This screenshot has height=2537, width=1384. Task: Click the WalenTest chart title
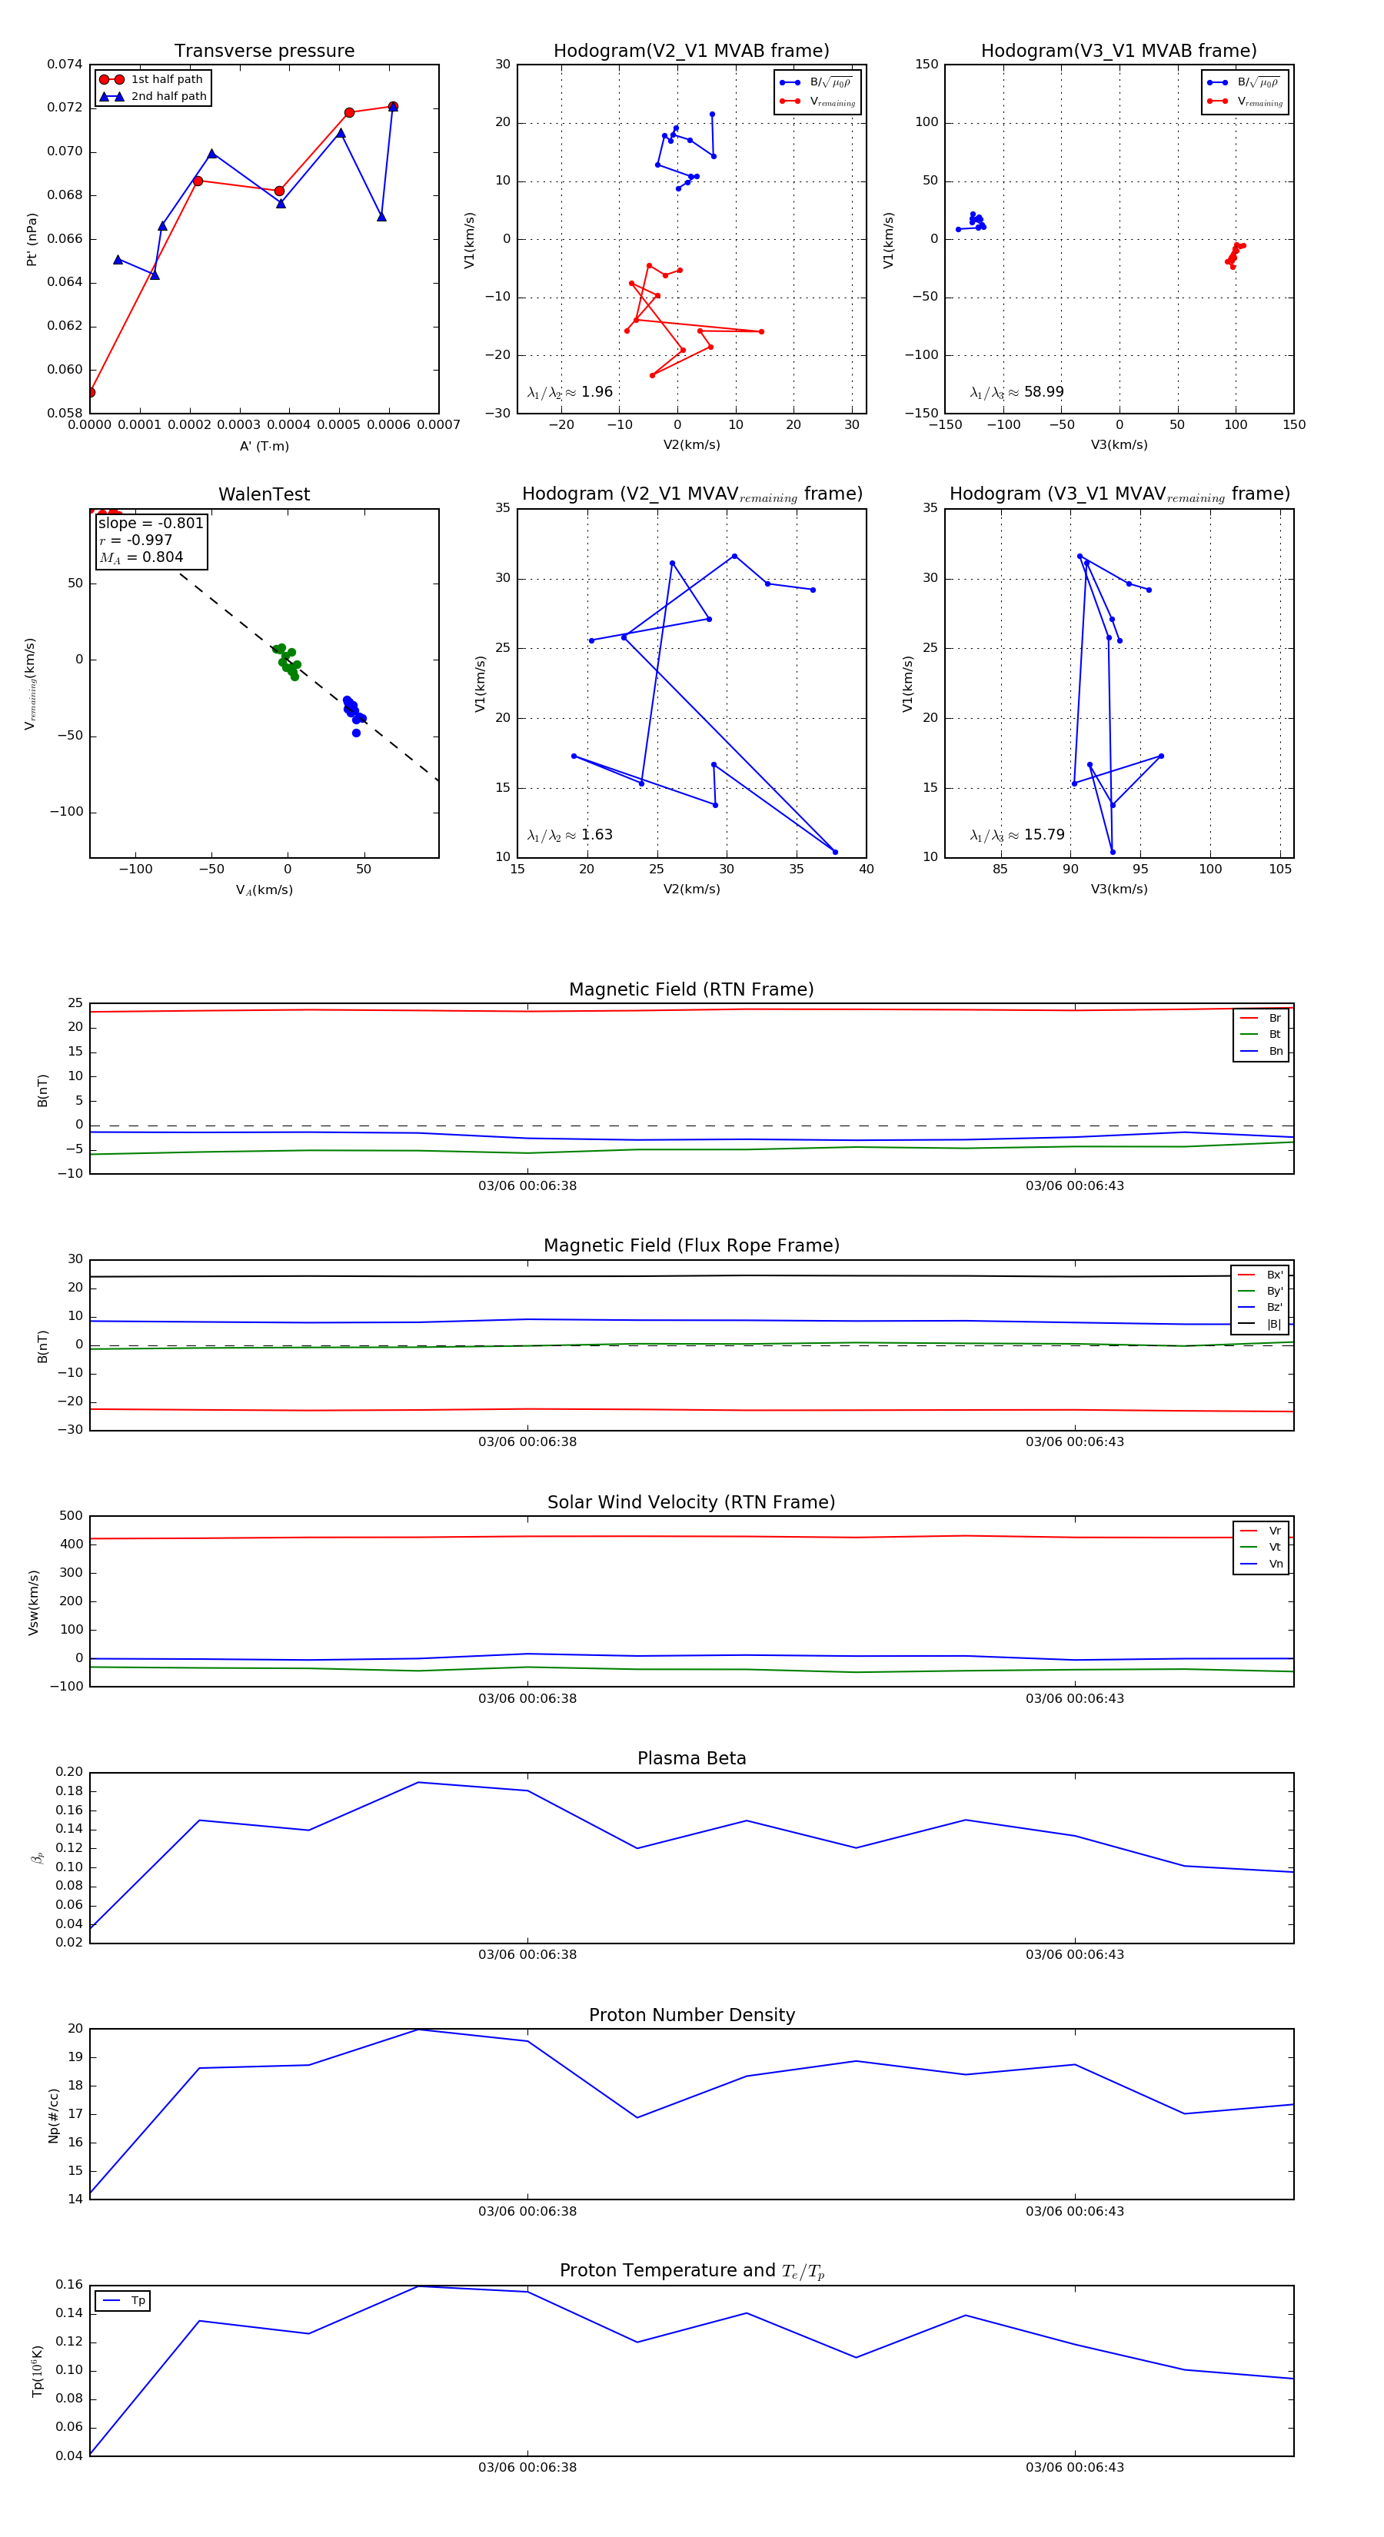point(264,494)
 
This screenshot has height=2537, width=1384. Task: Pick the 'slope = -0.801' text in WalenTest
point(151,523)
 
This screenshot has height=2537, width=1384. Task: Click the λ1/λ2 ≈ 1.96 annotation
point(569,392)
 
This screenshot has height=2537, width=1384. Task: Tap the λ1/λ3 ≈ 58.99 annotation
point(1016,392)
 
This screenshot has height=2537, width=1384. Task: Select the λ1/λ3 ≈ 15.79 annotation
point(1016,835)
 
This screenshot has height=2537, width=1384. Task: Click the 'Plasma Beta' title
point(691,1758)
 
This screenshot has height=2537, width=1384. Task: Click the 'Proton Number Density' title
point(691,2015)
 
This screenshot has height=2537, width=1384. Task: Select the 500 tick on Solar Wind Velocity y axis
point(71,1516)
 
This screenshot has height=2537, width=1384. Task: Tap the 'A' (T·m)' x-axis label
point(264,446)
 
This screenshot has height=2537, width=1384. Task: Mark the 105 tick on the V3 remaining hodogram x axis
point(1279,869)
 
